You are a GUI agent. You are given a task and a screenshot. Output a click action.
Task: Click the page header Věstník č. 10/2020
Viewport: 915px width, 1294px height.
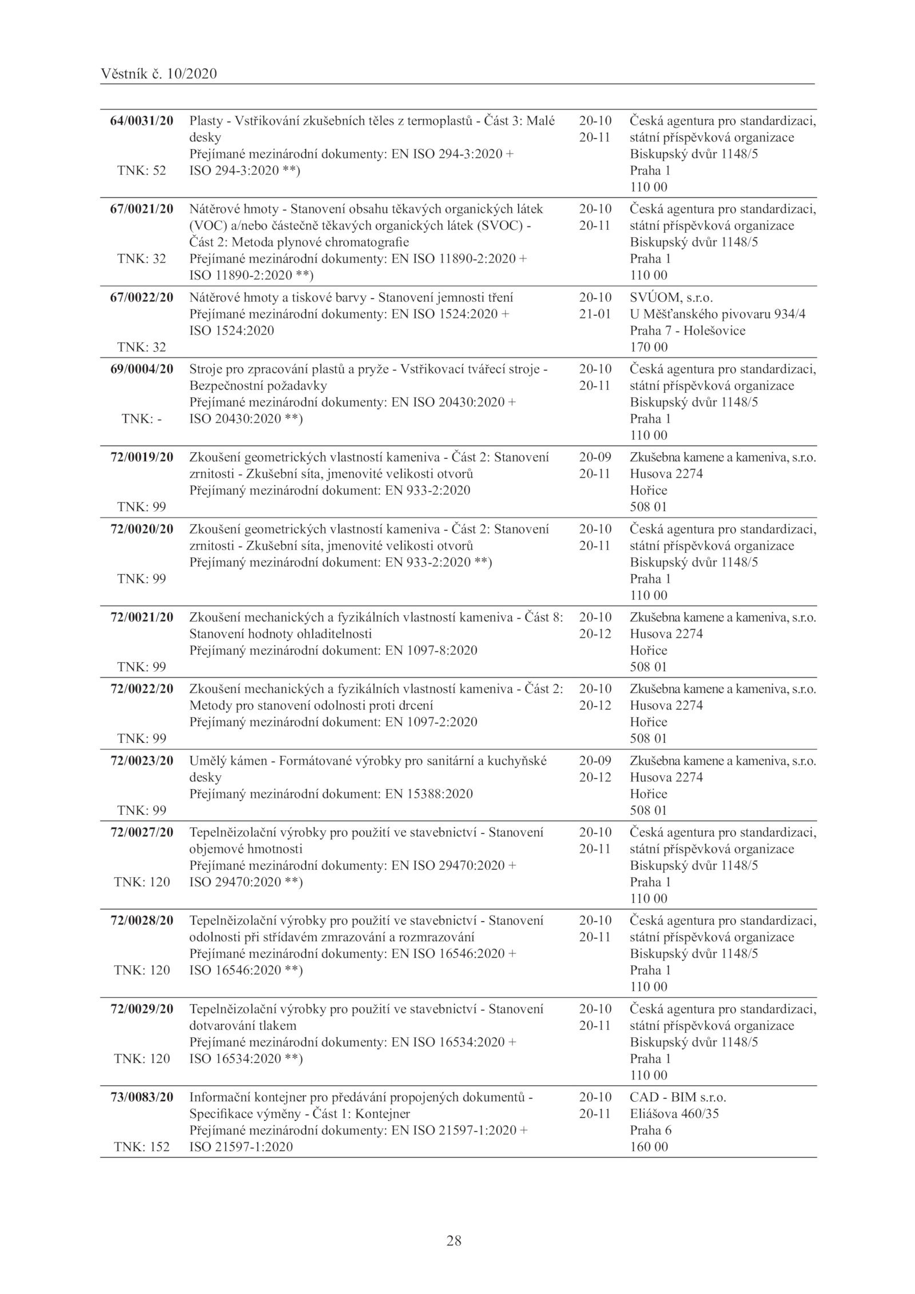[x=158, y=74]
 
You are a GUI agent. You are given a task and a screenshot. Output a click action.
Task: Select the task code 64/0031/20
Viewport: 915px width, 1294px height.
[x=141, y=121]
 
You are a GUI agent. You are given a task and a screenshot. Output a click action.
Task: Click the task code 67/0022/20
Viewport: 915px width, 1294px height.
[x=141, y=297]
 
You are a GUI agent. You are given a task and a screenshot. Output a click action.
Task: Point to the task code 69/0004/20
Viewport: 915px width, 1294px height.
[x=141, y=369]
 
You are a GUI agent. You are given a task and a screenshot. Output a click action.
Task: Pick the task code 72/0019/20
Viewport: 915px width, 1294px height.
[x=141, y=457]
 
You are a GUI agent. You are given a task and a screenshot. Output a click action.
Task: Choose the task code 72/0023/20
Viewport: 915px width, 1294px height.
[x=141, y=761]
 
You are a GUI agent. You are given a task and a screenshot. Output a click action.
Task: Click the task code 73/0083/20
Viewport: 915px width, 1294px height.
[x=141, y=1097]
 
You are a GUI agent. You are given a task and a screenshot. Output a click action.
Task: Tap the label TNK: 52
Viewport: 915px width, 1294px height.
[x=141, y=170]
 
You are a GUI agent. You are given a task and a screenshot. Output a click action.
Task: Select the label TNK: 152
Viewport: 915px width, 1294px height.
[x=141, y=1146]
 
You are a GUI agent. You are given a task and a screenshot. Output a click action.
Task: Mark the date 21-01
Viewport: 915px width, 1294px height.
[x=595, y=314]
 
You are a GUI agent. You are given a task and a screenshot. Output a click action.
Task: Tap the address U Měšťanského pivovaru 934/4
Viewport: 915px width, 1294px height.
[x=718, y=314]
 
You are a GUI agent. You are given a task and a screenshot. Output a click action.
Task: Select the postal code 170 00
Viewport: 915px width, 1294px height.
[x=649, y=347]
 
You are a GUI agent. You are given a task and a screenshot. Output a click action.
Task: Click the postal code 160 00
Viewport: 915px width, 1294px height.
[x=649, y=1146]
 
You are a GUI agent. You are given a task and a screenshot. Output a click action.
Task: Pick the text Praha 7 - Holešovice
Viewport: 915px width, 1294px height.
[x=687, y=331]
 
